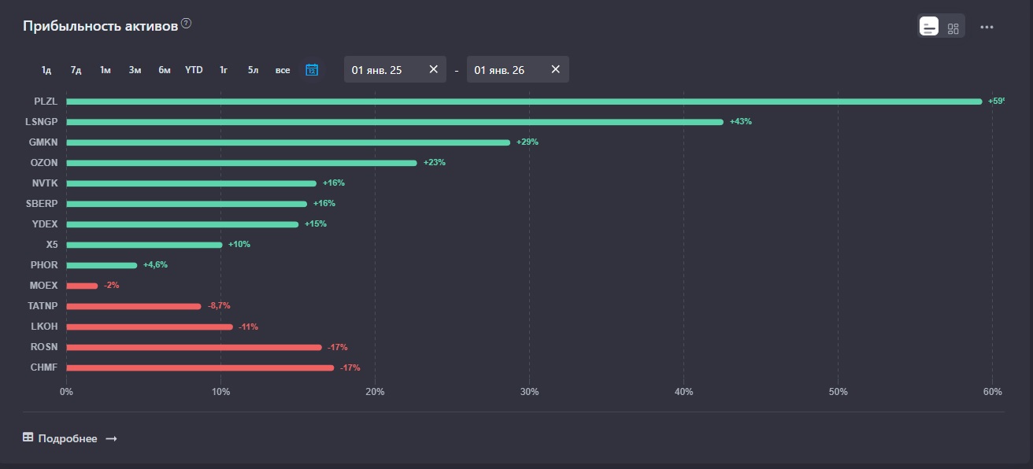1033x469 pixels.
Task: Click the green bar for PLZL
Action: point(524,102)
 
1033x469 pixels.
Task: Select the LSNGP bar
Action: point(394,122)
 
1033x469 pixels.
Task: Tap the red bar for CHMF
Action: point(200,367)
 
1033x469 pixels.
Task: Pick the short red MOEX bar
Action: point(82,286)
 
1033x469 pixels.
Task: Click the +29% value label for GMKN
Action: point(528,142)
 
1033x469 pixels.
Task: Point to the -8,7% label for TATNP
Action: point(219,306)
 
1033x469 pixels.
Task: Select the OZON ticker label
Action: point(45,163)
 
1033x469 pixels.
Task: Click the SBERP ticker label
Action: point(43,204)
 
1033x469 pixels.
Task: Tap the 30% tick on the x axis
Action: point(530,392)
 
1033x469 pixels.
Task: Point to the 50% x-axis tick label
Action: point(839,392)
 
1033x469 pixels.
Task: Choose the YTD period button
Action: point(194,70)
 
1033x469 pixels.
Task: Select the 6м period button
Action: point(165,70)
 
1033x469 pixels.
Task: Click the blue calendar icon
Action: point(312,70)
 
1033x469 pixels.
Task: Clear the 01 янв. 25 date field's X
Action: point(433,69)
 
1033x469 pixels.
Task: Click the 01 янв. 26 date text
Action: point(499,70)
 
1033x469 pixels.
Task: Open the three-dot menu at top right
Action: point(987,28)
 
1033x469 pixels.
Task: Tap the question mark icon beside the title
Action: point(187,24)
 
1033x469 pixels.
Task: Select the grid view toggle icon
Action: point(953,28)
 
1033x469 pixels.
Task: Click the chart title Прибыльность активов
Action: point(100,26)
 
